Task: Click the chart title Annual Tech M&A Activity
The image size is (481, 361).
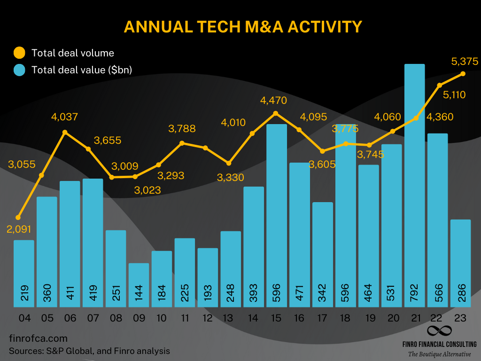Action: click(x=243, y=27)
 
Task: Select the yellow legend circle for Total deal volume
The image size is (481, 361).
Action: click(x=20, y=53)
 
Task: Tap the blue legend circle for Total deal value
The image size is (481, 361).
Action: click(x=20, y=70)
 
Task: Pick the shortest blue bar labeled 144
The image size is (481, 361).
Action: click(x=139, y=284)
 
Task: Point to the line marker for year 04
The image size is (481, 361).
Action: click(x=18, y=218)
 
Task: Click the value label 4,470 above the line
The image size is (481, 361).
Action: click(x=274, y=100)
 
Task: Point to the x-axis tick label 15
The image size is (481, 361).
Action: click(x=276, y=318)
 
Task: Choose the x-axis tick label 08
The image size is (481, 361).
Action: click(x=116, y=318)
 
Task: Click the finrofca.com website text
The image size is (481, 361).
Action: click(x=39, y=338)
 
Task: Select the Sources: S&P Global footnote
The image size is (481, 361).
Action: click(x=89, y=351)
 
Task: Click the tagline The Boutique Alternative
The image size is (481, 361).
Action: click(x=439, y=354)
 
